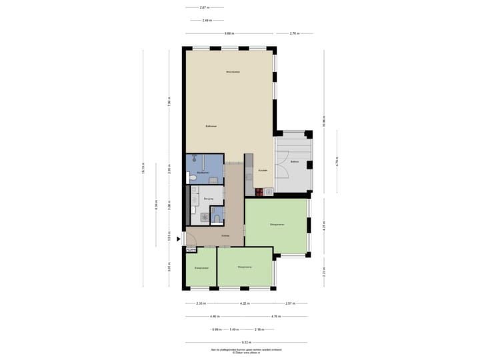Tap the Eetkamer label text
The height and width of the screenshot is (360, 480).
click(x=211, y=125)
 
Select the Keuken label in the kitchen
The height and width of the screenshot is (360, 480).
click(x=263, y=171)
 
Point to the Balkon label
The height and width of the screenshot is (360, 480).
click(x=293, y=161)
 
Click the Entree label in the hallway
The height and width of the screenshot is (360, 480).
click(x=226, y=235)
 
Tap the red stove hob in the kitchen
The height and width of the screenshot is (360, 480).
click(x=259, y=192)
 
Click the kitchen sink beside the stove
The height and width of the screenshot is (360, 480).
click(x=267, y=192)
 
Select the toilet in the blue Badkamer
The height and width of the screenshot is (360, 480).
click(x=191, y=177)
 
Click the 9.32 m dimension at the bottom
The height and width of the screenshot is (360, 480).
click(x=246, y=343)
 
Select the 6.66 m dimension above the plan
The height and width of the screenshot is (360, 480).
click(x=229, y=33)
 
